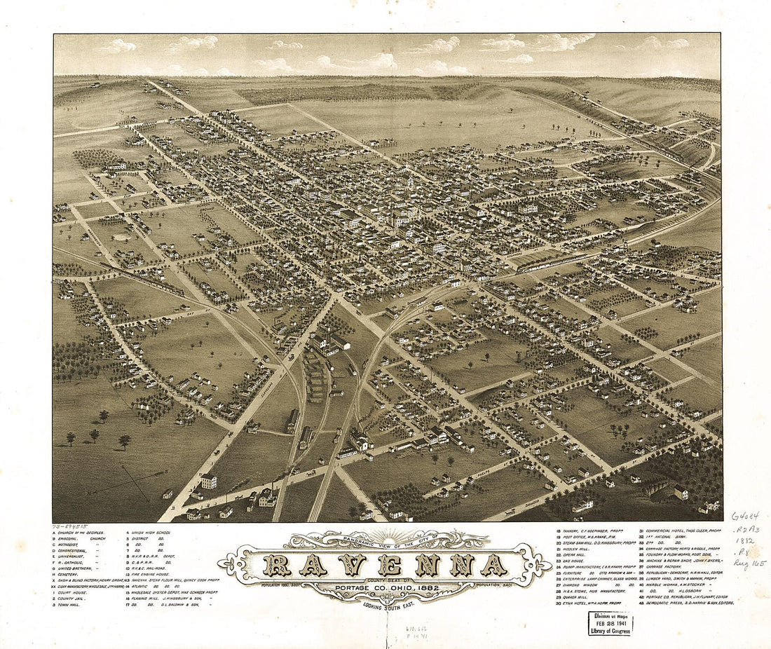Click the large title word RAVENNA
(x=385, y=565)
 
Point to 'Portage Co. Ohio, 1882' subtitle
(x=384, y=587)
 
